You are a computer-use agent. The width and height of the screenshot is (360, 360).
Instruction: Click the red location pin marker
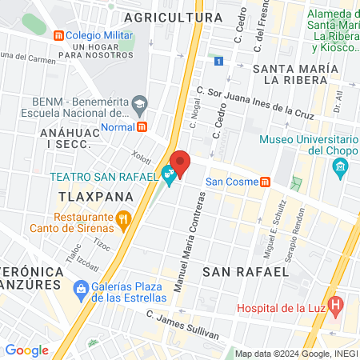(180, 164)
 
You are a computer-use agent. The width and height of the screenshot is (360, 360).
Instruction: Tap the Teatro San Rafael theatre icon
(168, 173)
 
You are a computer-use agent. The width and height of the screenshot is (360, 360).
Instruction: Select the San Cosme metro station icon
(264, 182)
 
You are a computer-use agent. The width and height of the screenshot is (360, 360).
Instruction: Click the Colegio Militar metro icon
(57, 35)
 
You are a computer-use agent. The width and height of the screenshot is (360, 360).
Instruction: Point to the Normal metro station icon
(142, 126)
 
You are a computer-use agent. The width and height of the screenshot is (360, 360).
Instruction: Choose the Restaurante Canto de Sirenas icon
(123, 217)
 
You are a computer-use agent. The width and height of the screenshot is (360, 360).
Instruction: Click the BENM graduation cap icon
(141, 103)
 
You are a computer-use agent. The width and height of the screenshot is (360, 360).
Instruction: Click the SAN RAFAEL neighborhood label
(245, 272)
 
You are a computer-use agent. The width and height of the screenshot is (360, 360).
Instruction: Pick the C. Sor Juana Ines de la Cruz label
(256, 101)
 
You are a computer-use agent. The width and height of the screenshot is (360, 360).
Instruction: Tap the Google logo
(26, 350)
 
